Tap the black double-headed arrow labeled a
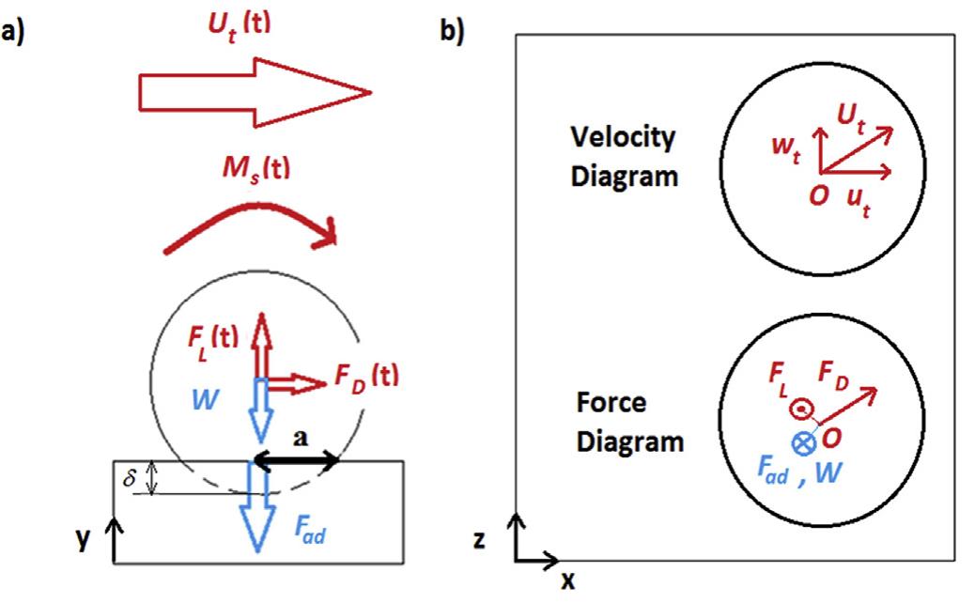(296, 461)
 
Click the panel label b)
(451, 34)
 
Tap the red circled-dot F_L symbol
(800, 409)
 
